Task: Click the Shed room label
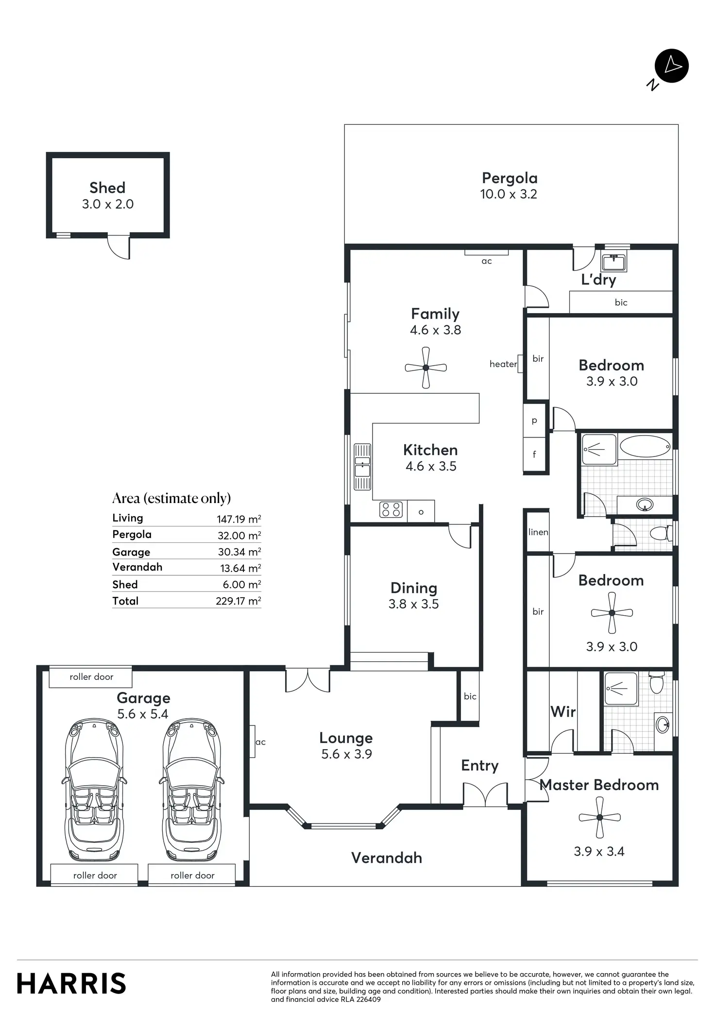(107, 188)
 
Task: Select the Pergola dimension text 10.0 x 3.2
(509, 194)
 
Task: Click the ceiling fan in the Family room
(426, 368)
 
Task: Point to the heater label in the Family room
(503, 364)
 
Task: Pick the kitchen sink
(362, 466)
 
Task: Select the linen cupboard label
(538, 532)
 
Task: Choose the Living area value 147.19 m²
(238, 519)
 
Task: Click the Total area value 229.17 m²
(238, 601)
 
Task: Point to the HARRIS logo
(71, 984)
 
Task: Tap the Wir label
(563, 712)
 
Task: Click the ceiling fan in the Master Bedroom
(600, 817)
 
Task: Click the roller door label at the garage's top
(91, 677)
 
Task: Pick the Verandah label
(387, 858)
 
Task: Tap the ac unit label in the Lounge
(260, 742)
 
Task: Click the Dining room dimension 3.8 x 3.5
(413, 604)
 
